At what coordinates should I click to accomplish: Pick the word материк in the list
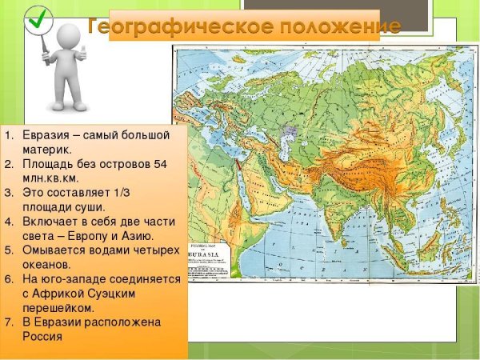[48, 148]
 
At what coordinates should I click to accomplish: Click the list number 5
[8, 250]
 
